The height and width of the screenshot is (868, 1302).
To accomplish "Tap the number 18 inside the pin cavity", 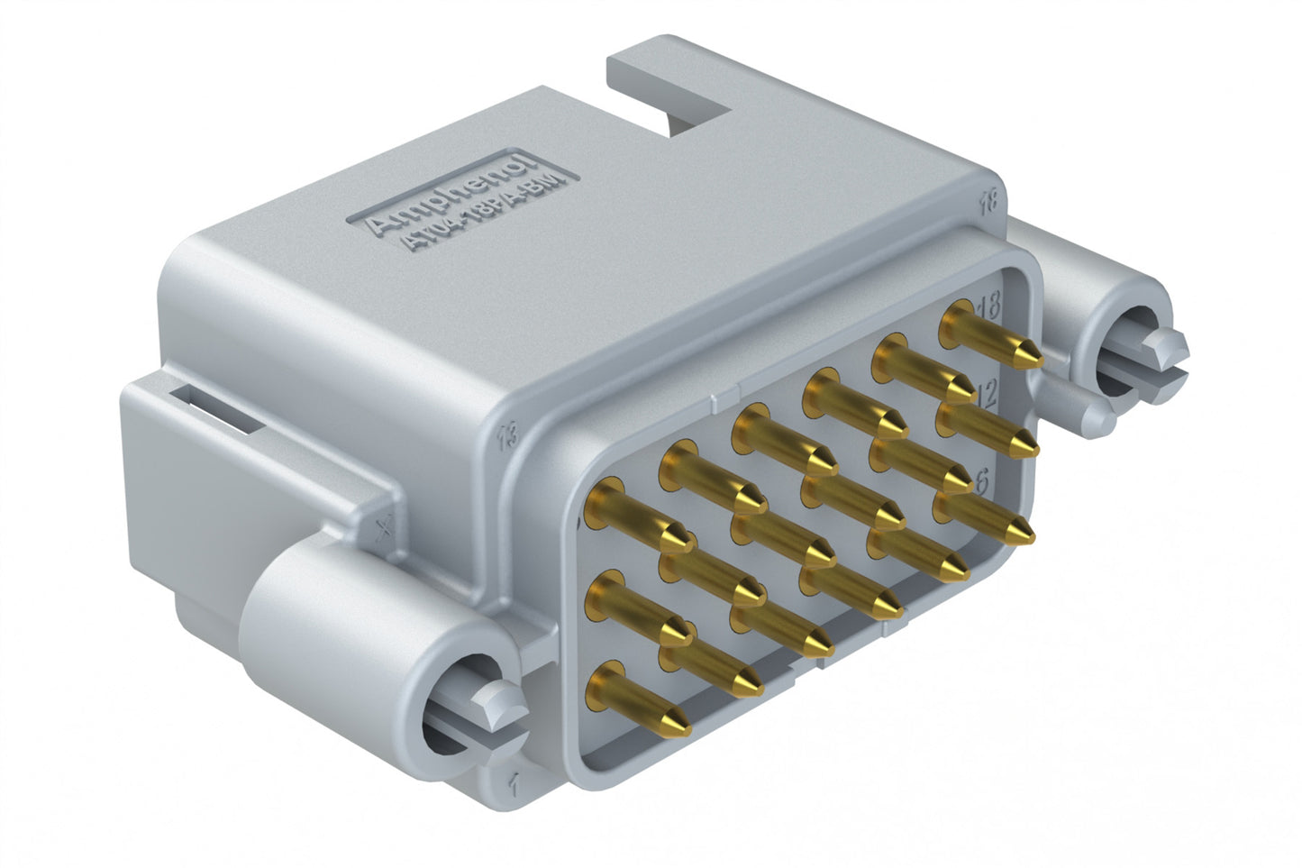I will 988,306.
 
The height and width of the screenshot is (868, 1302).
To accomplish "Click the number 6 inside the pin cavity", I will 981,481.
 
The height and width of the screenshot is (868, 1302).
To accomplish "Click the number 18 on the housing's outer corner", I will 988,202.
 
